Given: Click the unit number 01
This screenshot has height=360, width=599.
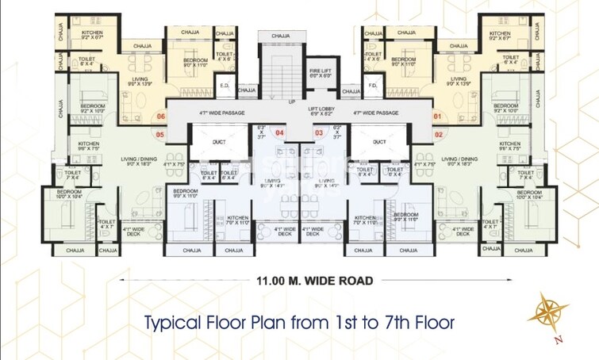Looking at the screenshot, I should click(x=436, y=117).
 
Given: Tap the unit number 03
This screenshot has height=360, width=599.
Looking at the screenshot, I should click(x=318, y=132).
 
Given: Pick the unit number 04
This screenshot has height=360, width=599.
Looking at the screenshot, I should click(x=279, y=132).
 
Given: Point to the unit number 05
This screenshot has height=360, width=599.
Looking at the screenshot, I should click(x=160, y=134).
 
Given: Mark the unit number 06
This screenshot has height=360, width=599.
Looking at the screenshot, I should click(x=161, y=117).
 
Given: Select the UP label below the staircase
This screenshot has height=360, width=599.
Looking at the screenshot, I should click(x=292, y=102).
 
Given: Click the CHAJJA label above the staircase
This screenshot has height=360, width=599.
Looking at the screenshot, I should click(x=280, y=36).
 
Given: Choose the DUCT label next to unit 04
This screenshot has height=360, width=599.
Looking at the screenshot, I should click(x=220, y=143).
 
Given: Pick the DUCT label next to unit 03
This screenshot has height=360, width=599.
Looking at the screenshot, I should click(x=379, y=143).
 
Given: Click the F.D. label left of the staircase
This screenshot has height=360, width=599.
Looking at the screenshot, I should click(x=225, y=86).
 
